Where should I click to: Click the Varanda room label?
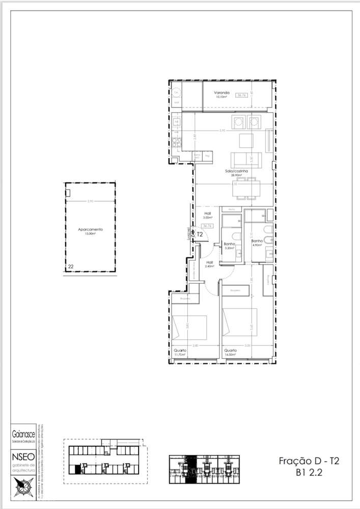click(222, 93)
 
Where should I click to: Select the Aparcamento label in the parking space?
click(90, 229)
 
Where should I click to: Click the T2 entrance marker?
click(200, 235)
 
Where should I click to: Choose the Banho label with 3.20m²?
click(229, 244)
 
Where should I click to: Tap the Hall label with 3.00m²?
click(208, 213)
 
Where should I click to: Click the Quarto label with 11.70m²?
click(180, 351)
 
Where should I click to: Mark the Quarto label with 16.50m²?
click(231, 351)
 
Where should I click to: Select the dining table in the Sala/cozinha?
click(246, 187)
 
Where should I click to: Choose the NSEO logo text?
click(23, 457)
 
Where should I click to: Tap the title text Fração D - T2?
click(309, 461)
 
